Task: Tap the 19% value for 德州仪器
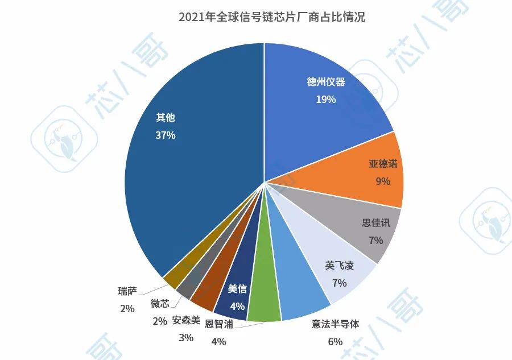tap(326, 99)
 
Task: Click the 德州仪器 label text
tap(326, 82)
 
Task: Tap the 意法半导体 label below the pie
tap(336, 324)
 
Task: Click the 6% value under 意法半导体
tap(335, 341)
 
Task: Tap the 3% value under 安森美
tap(186, 337)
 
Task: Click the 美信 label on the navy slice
tap(237, 288)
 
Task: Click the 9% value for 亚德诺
tap(383, 181)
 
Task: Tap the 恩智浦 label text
tap(218, 325)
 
